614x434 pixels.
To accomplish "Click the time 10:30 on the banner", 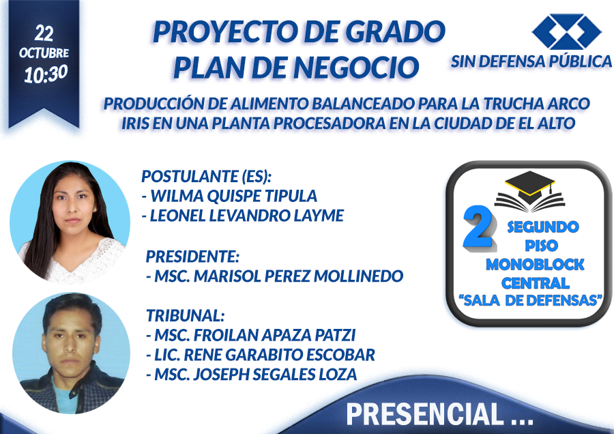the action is tap(46, 74).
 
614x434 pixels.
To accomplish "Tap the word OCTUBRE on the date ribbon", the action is tap(44, 53).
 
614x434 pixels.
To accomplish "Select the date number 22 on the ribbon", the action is tap(44, 33).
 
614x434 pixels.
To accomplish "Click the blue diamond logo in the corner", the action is tap(566, 31).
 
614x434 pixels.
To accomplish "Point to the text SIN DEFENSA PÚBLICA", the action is tap(531, 61).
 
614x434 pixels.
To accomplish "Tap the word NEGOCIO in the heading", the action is tap(356, 68).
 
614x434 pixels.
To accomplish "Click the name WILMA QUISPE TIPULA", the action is tap(234, 196).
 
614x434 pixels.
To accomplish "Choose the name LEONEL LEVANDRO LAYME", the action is tap(247, 216).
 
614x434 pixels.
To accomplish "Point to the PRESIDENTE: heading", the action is tap(192, 257).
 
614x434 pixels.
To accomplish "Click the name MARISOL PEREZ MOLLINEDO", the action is tap(298, 276).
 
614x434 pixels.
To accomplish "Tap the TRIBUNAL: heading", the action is tap(186, 315).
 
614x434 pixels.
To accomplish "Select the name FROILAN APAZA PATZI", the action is tap(274, 335).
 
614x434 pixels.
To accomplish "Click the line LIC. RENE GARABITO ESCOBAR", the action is tap(261, 354).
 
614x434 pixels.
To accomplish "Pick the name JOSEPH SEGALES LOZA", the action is tap(276, 374).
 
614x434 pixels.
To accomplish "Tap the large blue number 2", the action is tap(479, 227).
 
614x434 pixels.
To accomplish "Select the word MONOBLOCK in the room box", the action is tap(535, 264).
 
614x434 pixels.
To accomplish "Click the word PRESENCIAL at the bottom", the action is tap(424, 414).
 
